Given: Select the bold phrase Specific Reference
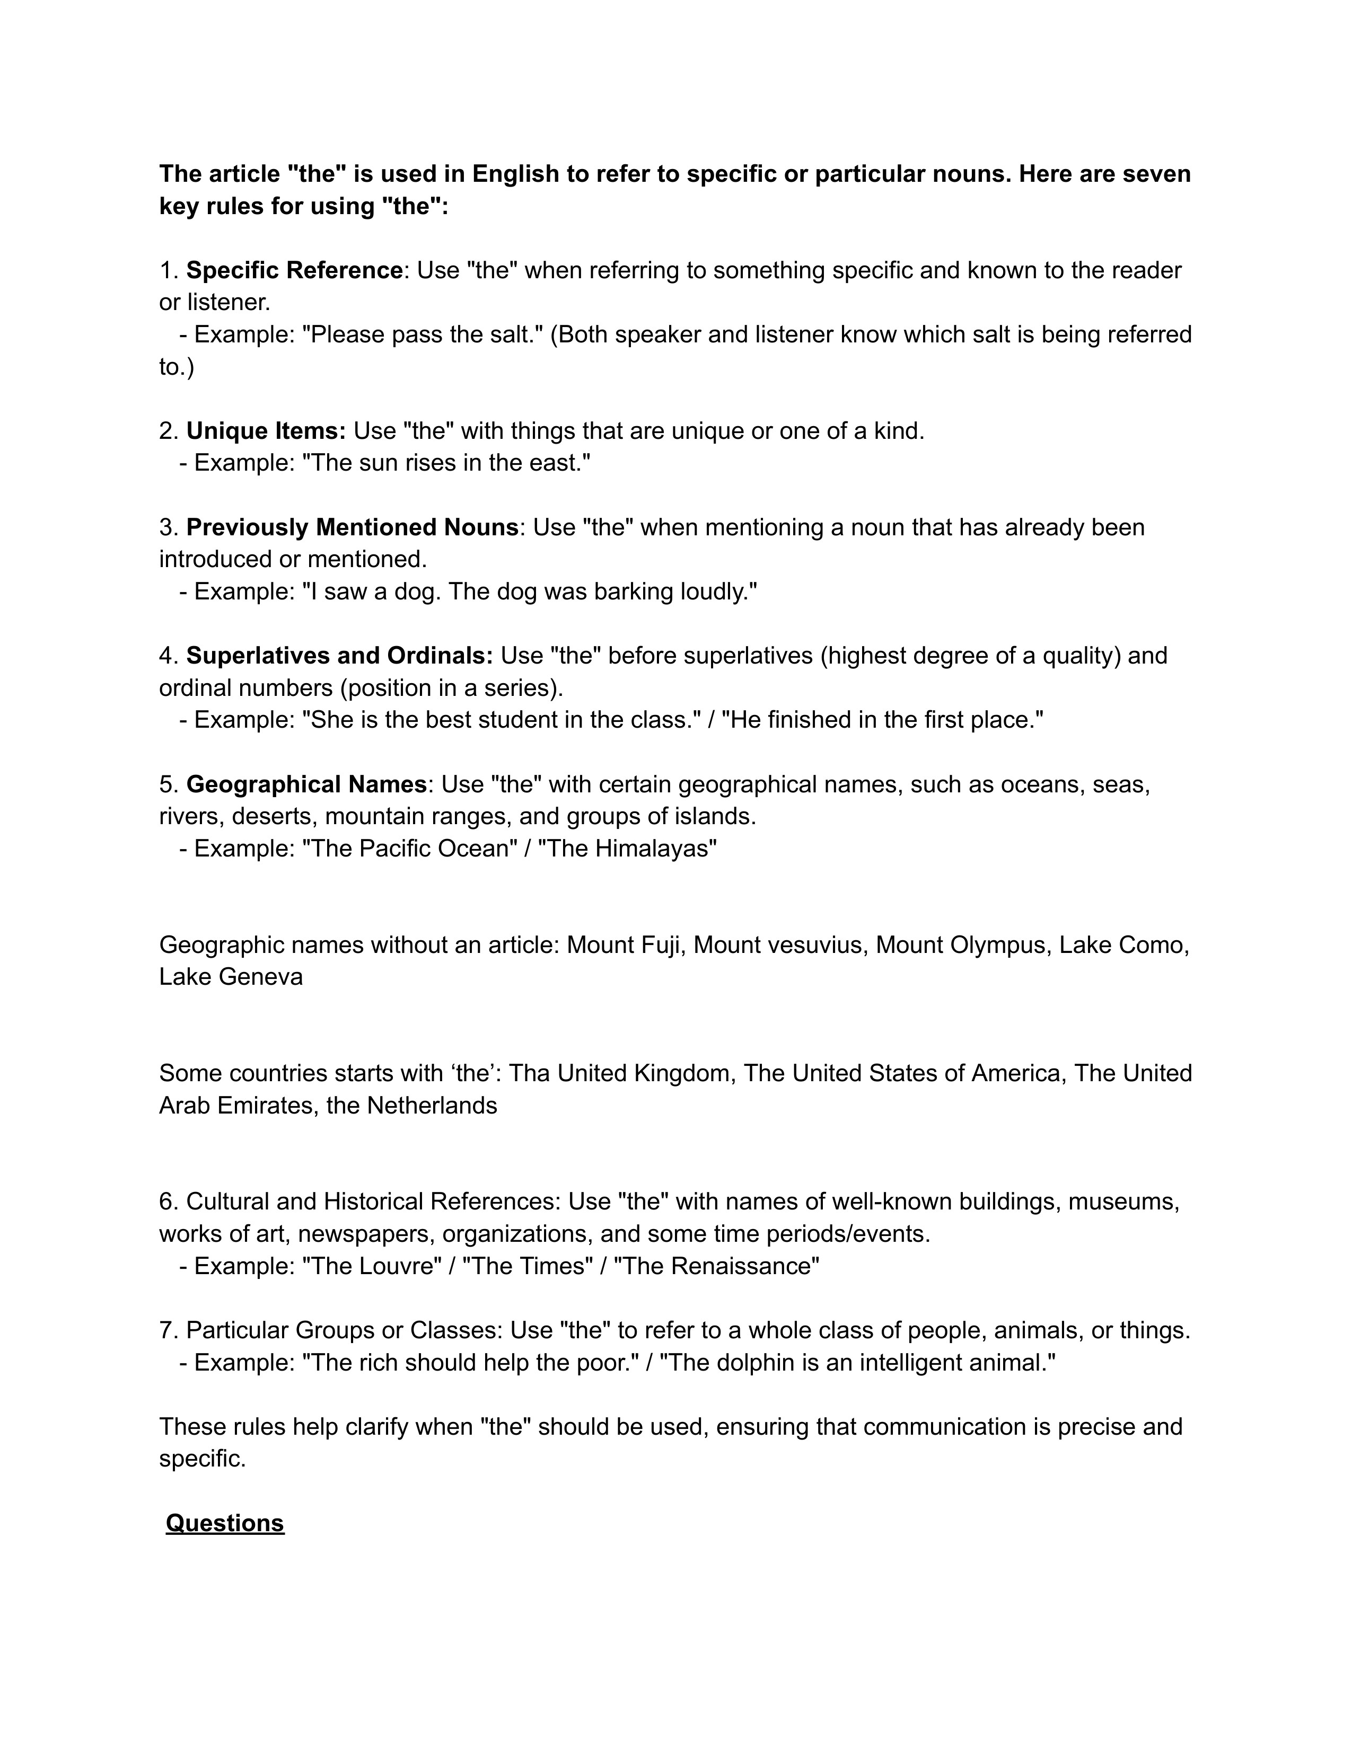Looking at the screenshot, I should [x=294, y=271].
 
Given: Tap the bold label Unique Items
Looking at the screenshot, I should [x=265, y=431].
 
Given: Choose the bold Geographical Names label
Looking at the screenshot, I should [x=306, y=784].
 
